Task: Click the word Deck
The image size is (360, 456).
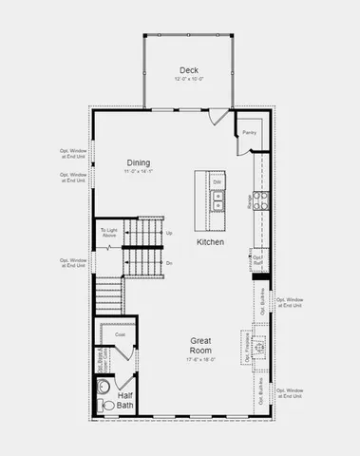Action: (x=189, y=69)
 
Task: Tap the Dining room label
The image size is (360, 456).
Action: (x=139, y=163)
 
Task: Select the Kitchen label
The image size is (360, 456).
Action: (x=210, y=242)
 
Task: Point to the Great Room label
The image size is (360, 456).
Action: (x=199, y=344)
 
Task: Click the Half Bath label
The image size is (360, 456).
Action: (x=125, y=400)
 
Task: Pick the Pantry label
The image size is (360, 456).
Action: (x=249, y=133)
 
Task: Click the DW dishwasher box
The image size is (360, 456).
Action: (x=218, y=181)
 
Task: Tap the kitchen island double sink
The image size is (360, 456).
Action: (x=218, y=200)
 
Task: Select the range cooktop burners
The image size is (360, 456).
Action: (x=260, y=200)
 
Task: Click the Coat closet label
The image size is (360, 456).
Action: (x=120, y=334)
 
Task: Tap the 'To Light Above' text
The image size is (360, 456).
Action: (x=109, y=234)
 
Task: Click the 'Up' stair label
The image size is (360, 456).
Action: (x=169, y=233)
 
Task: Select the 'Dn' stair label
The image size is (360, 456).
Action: (x=169, y=262)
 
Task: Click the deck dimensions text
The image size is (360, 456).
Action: (x=189, y=79)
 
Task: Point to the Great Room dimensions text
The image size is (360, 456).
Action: (x=199, y=359)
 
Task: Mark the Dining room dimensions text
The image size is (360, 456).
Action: (x=139, y=172)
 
